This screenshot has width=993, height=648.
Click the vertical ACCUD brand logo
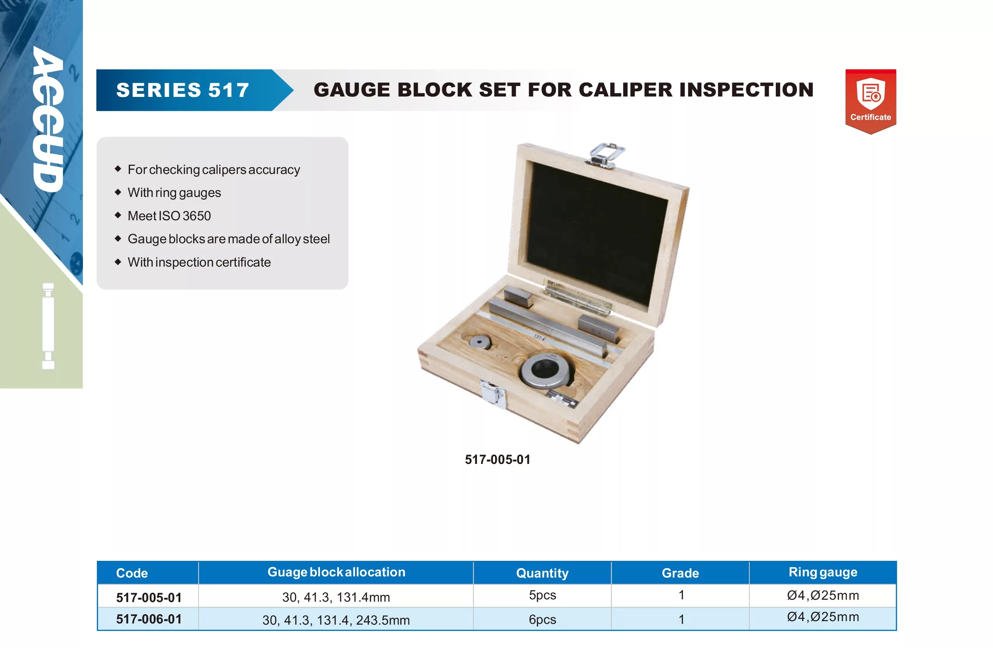(x=49, y=119)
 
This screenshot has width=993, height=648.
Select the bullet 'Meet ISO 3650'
(x=169, y=216)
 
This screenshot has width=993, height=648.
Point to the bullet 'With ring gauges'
(x=174, y=193)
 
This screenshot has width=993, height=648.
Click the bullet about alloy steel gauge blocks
(x=228, y=239)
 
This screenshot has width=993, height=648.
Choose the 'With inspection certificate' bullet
(x=199, y=262)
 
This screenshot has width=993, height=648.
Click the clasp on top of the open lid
(x=605, y=155)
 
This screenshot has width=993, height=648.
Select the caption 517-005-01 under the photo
(x=497, y=459)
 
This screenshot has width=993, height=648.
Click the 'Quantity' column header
(x=542, y=573)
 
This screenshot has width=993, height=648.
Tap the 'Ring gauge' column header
(x=823, y=572)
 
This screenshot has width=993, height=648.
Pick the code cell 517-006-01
(x=149, y=619)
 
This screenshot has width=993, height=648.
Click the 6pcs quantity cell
(x=542, y=620)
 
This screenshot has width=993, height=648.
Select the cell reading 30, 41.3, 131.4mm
(x=336, y=597)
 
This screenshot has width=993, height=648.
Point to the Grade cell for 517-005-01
(x=681, y=595)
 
